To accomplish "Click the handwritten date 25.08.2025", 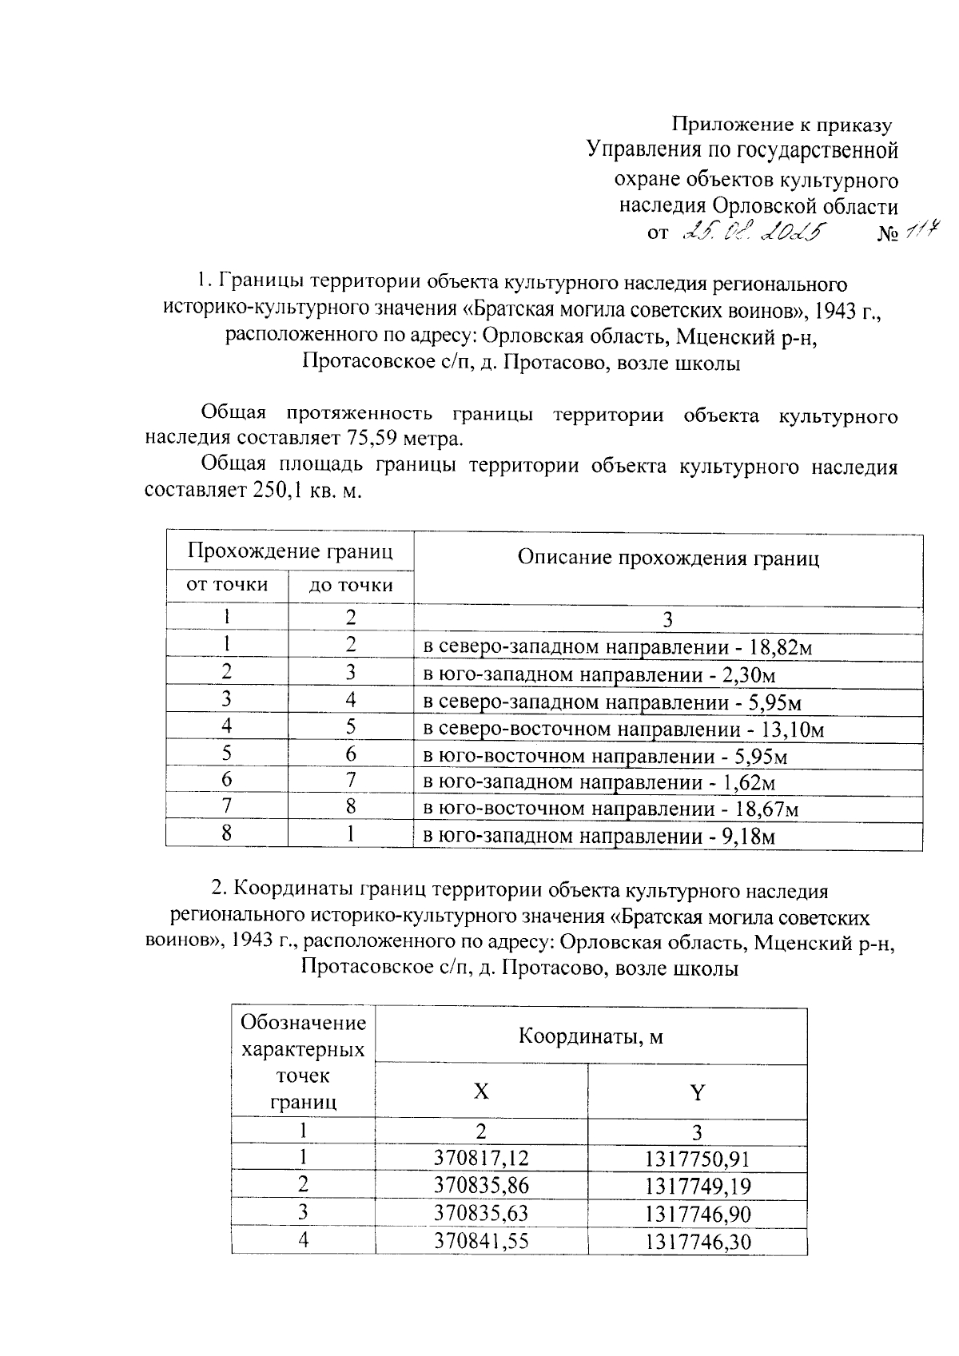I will [x=755, y=233].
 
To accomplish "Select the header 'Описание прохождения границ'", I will [x=668, y=558].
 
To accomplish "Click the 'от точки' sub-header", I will [x=227, y=585].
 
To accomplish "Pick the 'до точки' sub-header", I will [x=351, y=586].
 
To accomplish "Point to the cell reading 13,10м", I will [x=623, y=729].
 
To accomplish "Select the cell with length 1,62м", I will [x=599, y=782].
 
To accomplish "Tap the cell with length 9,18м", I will [x=599, y=837].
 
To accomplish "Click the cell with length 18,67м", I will [x=611, y=809].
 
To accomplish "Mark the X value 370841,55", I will [x=481, y=1241].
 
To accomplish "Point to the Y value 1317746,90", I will [x=698, y=1214].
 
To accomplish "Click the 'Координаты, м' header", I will [x=591, y=1037].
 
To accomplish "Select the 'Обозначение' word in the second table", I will [x=304, y=1023].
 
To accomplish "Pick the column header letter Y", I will [x=697, y=1092].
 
